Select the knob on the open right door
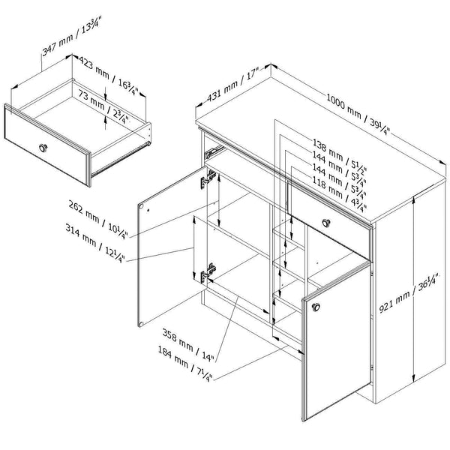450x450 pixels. [x=316, y=306]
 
